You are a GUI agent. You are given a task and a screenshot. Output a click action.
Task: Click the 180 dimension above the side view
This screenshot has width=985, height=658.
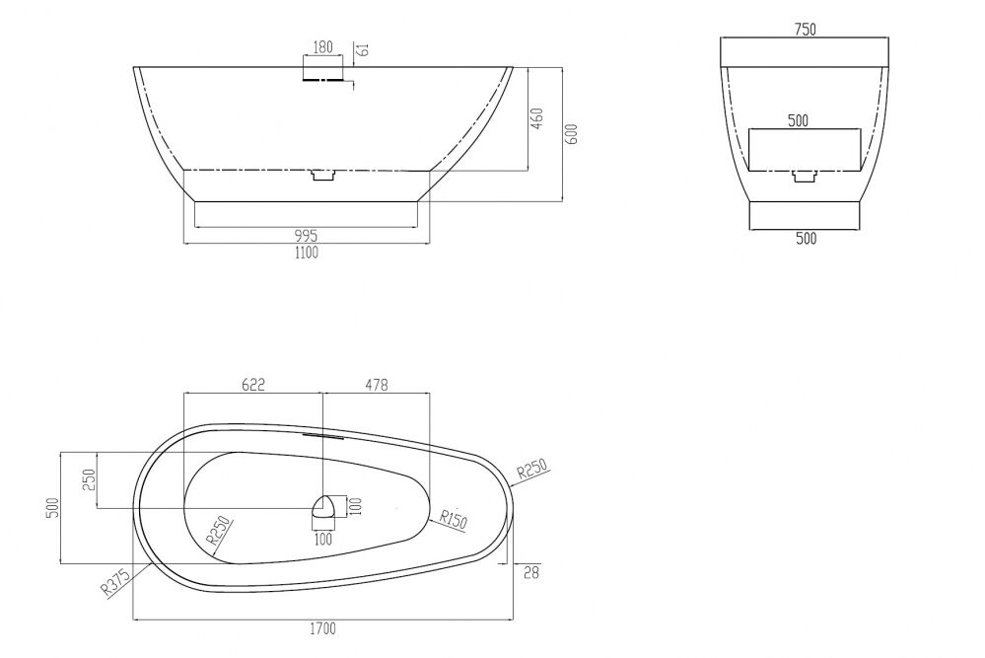coord(322,46)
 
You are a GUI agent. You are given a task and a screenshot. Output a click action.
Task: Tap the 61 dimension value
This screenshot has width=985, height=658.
coord(362,49)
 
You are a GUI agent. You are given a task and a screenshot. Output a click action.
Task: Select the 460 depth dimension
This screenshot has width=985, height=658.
coord(537,118)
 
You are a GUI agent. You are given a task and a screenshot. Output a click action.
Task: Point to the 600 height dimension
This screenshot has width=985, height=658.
coord(572,134)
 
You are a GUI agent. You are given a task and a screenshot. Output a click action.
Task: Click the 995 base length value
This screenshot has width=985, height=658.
coord(306,236)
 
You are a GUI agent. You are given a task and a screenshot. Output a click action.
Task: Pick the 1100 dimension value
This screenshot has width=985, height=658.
coord(307,253)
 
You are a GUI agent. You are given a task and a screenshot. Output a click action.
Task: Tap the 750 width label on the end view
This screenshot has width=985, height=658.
coord(805,30)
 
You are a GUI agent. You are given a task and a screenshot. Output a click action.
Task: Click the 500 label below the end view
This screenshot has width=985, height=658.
coord(806,238)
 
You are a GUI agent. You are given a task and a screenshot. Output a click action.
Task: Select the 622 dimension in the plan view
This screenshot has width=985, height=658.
coord(253,384)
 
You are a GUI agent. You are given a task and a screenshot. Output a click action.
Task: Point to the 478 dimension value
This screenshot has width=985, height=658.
coord(377,384)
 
